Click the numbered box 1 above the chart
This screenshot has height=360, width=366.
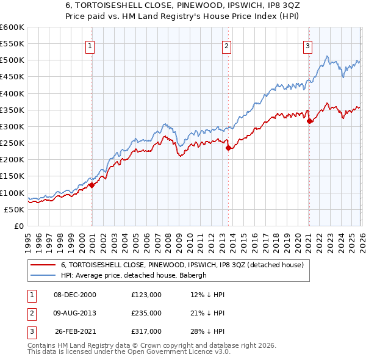coord(90,45)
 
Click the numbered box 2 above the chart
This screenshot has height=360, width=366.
coord(226,45)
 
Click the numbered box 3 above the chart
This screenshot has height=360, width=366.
coord(307,45)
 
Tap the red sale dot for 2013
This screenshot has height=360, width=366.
coord(228,148)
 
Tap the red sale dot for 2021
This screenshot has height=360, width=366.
coord(309,121)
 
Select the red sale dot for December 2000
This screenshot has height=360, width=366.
coord(91,185)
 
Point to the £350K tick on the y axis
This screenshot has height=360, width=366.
coord(12,110)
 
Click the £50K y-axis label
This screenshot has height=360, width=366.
coord(14,209)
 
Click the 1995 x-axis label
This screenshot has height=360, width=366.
coord(27,242)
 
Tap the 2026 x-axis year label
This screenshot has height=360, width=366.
coord(361,242)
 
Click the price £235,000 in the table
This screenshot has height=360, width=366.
coord(146,313)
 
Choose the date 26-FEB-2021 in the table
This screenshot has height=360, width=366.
coord(75,331)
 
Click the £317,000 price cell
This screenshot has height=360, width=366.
coord(146,331)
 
